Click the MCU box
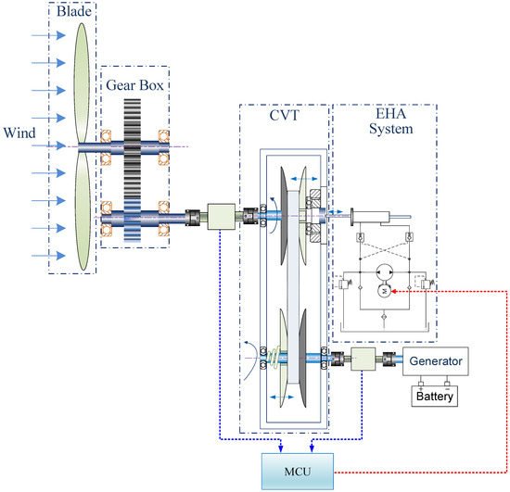298,471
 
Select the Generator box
436,361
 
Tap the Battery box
435,396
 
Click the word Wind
19,132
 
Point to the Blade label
74,11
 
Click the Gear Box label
134,85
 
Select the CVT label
284,116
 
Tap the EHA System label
391,121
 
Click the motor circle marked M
384,291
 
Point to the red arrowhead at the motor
393,291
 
